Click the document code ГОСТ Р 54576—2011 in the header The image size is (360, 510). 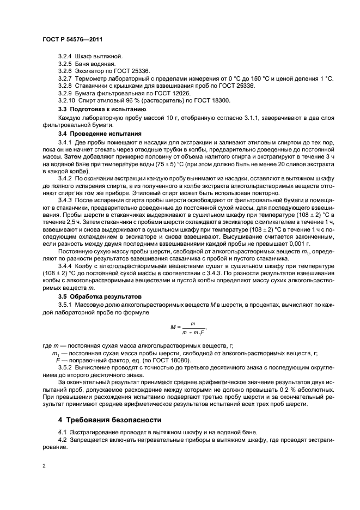72,40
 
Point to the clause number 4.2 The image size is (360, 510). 62,439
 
